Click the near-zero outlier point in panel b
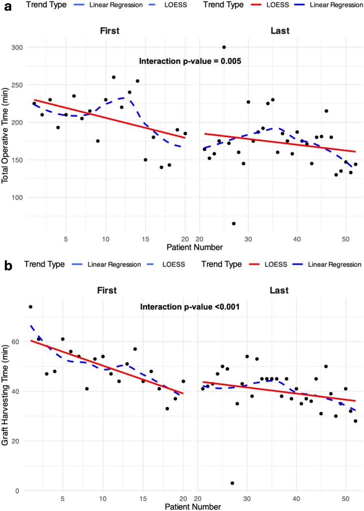point(232,483)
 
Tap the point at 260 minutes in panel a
point(113,77)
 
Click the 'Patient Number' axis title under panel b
point(192,506)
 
